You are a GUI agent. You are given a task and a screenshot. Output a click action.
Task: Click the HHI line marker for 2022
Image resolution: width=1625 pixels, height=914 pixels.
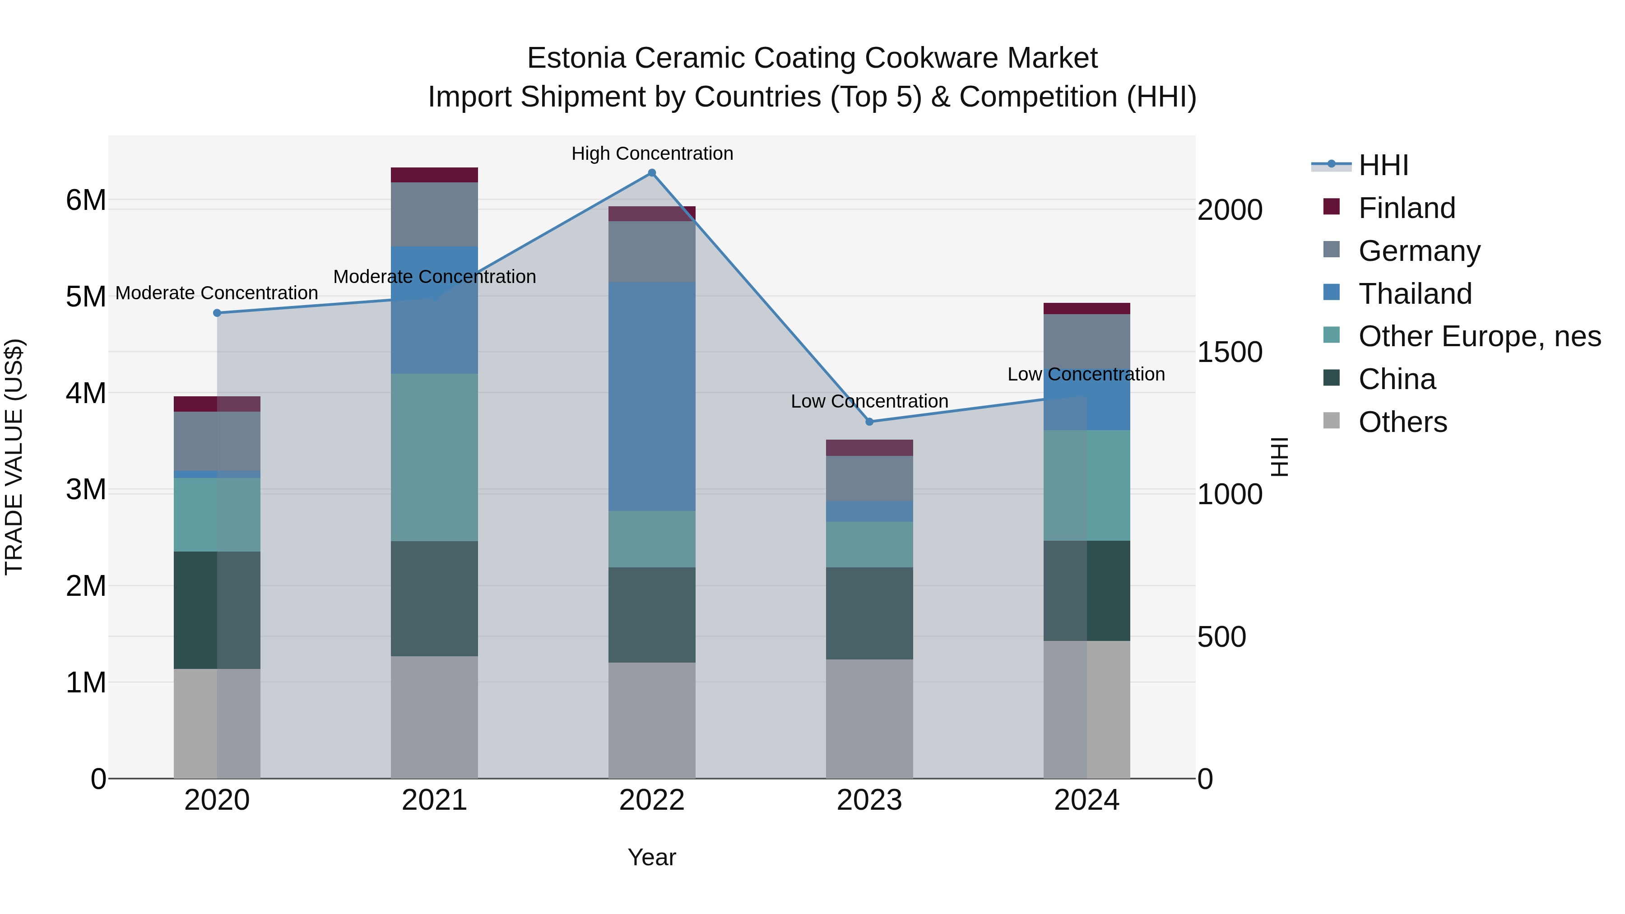(x=652, y=173)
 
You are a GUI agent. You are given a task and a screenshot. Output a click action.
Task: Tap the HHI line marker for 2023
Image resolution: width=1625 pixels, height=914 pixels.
(x=869, y=422)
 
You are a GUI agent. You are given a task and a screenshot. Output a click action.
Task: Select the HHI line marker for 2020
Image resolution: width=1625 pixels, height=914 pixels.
(x=217, y=313)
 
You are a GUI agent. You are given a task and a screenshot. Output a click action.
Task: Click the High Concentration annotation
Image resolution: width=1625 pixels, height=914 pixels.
(x=652, y=154)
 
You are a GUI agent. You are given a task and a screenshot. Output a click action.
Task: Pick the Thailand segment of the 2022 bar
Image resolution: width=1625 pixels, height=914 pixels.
(x=652, y=396)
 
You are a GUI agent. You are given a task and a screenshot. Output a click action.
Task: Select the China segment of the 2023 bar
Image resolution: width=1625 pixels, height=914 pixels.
(x=869, y=613)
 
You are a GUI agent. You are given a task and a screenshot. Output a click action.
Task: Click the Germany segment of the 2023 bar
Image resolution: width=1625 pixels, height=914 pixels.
(x=869, y=478)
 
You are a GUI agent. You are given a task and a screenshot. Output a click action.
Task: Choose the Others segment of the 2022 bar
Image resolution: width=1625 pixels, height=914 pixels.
(x=652, y=720)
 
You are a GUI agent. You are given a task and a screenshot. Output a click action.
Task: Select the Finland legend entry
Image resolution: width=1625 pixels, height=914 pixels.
(x=1406, y=208)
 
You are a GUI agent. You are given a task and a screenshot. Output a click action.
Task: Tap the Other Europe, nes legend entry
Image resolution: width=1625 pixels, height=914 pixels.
(x=1479, y=337)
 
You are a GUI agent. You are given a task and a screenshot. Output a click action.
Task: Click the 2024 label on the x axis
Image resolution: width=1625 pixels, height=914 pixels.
(x=1086, y=800)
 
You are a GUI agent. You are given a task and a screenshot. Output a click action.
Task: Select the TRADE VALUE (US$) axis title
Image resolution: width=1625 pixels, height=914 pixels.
(x=14, y=457)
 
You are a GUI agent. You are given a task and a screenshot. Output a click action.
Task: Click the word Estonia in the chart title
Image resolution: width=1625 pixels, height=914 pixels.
(x=576, y=58)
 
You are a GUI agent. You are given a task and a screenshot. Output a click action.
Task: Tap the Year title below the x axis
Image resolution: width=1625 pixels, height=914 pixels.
(x=652, y=857)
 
